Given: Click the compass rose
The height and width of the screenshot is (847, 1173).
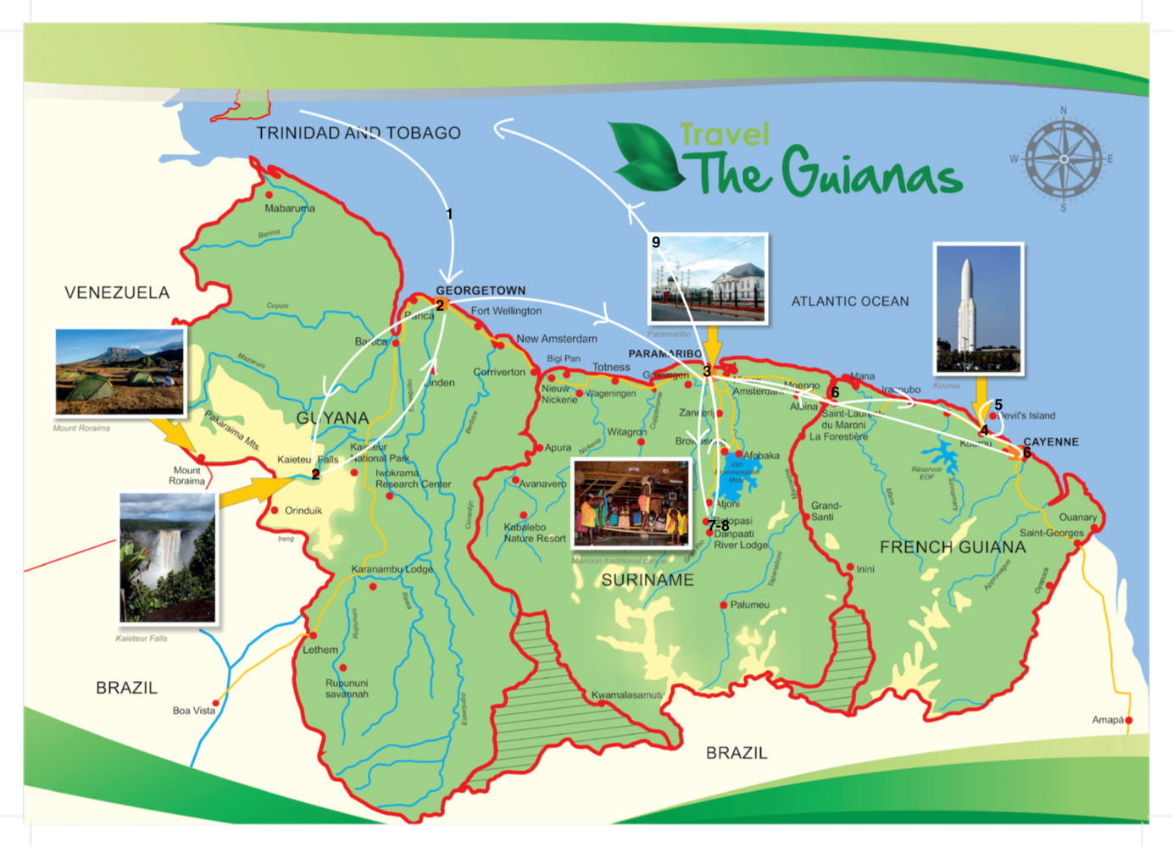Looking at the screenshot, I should tap(1064, 159).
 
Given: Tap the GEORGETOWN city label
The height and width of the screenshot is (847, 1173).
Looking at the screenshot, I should tap(481, 291).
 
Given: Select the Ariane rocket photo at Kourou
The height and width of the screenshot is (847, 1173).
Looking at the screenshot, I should tap(978, 309).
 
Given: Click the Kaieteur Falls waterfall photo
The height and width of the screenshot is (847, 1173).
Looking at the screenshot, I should tap(168, 558).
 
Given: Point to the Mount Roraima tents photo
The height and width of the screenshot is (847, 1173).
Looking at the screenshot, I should tap(120, 372).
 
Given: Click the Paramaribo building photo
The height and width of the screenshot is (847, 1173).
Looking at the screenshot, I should tap(708, 279).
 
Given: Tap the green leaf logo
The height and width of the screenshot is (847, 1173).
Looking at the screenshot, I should tap(646, 157).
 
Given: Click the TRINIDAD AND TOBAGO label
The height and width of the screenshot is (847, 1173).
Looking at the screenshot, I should tap(359, 133).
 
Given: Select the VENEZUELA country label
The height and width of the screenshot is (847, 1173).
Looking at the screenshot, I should tap(117, 293).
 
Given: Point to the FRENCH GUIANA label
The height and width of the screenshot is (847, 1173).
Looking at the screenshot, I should tap(952, 547).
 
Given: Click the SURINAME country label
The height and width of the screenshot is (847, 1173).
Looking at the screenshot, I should tap(648, 580).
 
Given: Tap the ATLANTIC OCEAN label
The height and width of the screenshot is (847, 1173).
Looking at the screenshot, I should tap(849, 302).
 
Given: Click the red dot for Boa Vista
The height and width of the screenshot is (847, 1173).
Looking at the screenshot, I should tap(215, 703).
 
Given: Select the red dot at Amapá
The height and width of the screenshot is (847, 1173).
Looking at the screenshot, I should tap(1128, 721).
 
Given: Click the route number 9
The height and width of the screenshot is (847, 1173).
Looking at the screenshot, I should tap(655, 243).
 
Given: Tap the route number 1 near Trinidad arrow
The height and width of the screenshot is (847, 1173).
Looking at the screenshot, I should tap(449, 214).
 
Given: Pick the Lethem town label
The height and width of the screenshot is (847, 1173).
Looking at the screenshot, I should tap(320, 650).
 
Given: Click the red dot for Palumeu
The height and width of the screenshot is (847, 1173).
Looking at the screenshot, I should tap(723, 605).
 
